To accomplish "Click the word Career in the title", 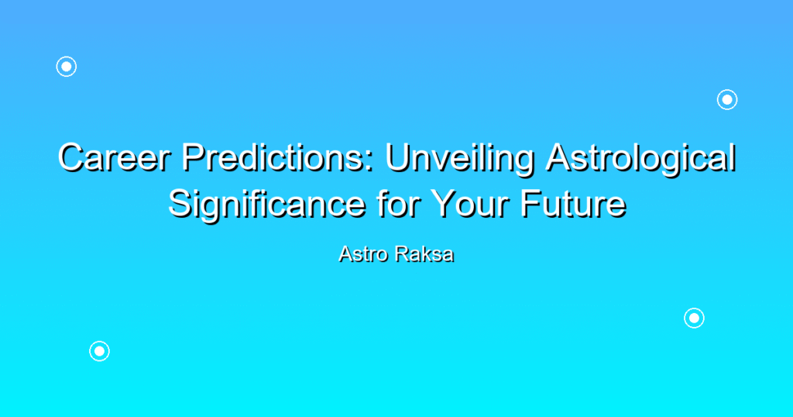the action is pos(115,157).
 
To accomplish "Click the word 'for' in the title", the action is pos(397,203).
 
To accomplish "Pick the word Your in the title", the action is pos(470,203).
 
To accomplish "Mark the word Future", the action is pos(574,203).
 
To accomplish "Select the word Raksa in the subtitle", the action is pos(425,253).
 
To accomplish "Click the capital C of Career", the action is pos(71,157).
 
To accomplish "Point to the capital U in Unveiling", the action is pos(398,157).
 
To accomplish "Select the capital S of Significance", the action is pos(180,203).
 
